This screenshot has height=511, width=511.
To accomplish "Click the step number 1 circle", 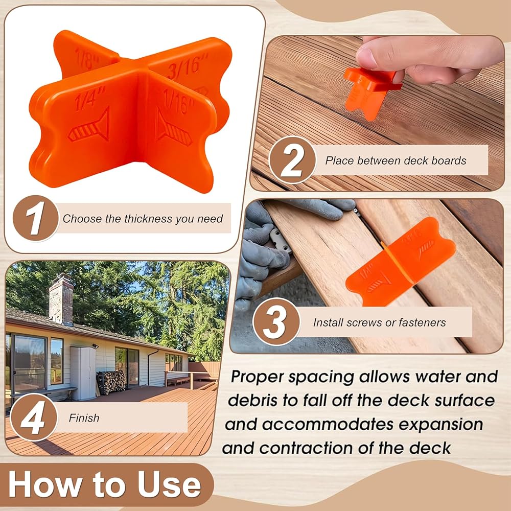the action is (x=36, y=218).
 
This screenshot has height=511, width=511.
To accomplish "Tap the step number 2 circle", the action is (x=292, y=160).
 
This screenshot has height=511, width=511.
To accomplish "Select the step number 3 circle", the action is (x=276, y=321).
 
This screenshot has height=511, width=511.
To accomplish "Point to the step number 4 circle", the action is (x=34, y=417).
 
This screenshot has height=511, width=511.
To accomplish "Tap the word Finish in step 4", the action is (x=84, y=418).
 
